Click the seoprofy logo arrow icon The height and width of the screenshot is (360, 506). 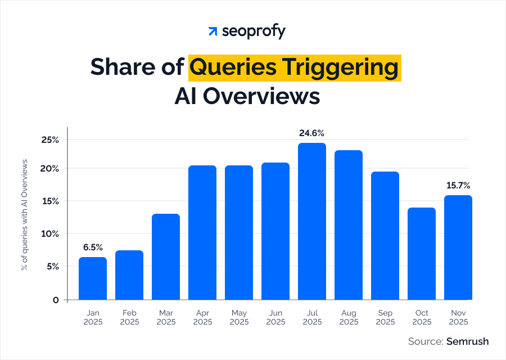pyautogui.click(x=213, y=31)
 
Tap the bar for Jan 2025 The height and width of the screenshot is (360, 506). pyautogui.click(x=93, y=278)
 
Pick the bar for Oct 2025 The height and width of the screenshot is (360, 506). pyautogui.click(x=422, y=254)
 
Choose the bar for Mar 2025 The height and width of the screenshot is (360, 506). pyautogui.click(x=166, y=256)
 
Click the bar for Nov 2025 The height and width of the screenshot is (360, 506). pyautogui.click(x=458, y=247)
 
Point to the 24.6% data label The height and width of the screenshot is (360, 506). pyautogui.click(x=312, y=133)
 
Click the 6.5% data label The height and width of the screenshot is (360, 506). pyautogui.click(x=93, y=247)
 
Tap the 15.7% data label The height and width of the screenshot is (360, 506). pyautogui.click(x=458, y=185)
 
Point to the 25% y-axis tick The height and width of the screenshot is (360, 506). pyautogui.click(x=51, y=139)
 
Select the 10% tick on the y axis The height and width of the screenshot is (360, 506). pyautogui.click(x=51, y=233)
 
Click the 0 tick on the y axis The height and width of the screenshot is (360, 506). pyautogui.click(x=56, y=300)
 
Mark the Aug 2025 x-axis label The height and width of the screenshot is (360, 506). pyautogui.click(x=349, y=317)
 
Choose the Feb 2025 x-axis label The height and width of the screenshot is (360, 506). pyautogui.click(x=129, y=317)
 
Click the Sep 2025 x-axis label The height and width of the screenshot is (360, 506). pyautogui.click(x=385, y=317)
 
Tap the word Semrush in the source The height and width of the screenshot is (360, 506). pyautogui.click(x=467, y=341)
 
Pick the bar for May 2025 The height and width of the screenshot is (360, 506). pyautogui.click(x=239, y=232)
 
